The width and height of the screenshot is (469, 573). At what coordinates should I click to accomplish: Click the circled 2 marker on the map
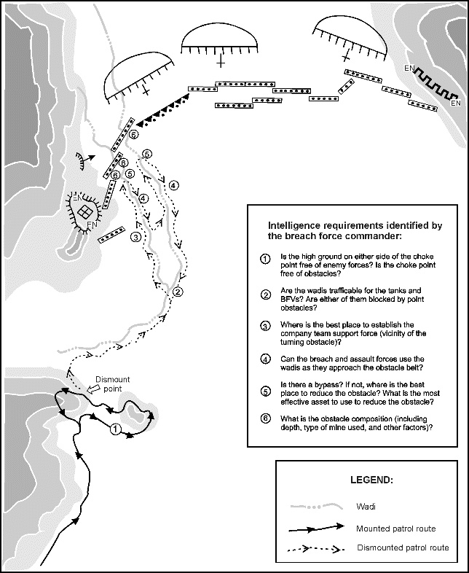point(178,292)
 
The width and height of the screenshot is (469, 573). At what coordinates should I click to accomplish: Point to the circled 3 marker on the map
point(135,236)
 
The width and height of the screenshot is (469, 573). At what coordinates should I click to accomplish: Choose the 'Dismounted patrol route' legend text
point(403,547)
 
